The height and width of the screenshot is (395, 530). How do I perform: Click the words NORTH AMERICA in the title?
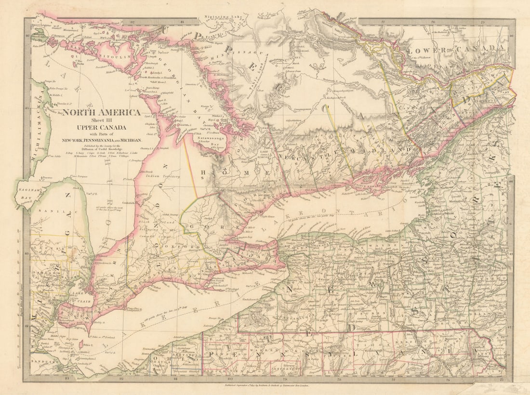coord(101,113)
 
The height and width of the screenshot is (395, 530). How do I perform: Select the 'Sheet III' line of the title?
coord(100,120)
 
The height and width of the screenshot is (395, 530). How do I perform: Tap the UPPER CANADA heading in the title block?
coord(100,128)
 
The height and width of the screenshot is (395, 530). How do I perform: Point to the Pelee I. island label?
coord(88,345)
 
